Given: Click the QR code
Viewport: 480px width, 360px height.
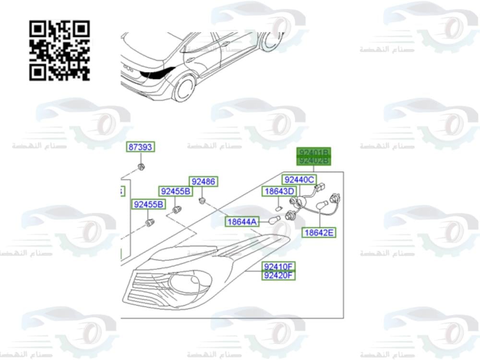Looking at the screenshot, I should pos(60,50).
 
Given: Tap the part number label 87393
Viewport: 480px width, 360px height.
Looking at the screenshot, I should pos(141,147).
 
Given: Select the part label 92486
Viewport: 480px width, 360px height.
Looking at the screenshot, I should pos(203,181).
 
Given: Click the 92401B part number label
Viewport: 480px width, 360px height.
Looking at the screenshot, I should pos(314,152).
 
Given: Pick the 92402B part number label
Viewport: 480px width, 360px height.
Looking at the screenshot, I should pos(314,160).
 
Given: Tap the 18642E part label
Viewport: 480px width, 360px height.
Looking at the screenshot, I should pos(319,233).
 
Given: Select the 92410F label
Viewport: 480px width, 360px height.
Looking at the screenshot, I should pos(278,266).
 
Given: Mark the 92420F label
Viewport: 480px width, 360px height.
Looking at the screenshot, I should pos(278,275).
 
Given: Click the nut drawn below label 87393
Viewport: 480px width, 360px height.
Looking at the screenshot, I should pos(141,167).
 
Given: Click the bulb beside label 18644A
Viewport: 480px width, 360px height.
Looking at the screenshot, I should pos(275,220).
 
